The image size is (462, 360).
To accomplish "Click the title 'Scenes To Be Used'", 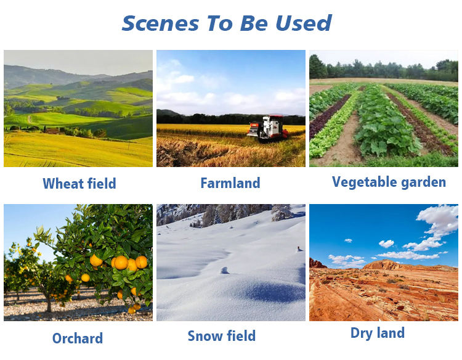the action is pyautogui.click(x=227, y=23).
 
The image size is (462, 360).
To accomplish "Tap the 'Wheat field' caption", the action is pyautogui.click(x=79, y=184).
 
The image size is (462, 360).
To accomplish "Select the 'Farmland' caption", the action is pyautogui.click(x=230, y=183).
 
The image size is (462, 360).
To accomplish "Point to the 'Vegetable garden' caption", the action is pyautogui.click(x=389, y=182).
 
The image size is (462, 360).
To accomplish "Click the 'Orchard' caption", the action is pyautogui.click(x=78, y=338).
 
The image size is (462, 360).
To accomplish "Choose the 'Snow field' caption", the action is pyautogui.click(x=222, y=335).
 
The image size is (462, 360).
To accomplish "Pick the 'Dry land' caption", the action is pyautogui.click(x=378, y=333).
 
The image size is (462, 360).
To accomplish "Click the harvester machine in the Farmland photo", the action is pyautogui.click(x=268, y=128).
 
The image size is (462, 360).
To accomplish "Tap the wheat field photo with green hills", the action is pyautogui.click(x=78, y=108).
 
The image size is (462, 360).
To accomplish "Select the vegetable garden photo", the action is pyautogui.click(x=384, y=108).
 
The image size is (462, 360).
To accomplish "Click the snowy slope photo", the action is pyautogui.click(x=231, y=263).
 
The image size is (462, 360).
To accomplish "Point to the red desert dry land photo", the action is pyautogui.click(x=384, y=263).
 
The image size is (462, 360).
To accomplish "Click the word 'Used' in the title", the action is pyautogui.click(x=304, y=23).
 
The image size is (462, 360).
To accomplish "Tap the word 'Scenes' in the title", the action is pyautogui.click(x=160, y=23).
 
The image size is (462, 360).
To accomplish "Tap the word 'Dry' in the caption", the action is pyautogui.click(x=361, y=333).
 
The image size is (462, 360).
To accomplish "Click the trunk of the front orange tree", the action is pyautogui.click(x=49, y=303).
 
